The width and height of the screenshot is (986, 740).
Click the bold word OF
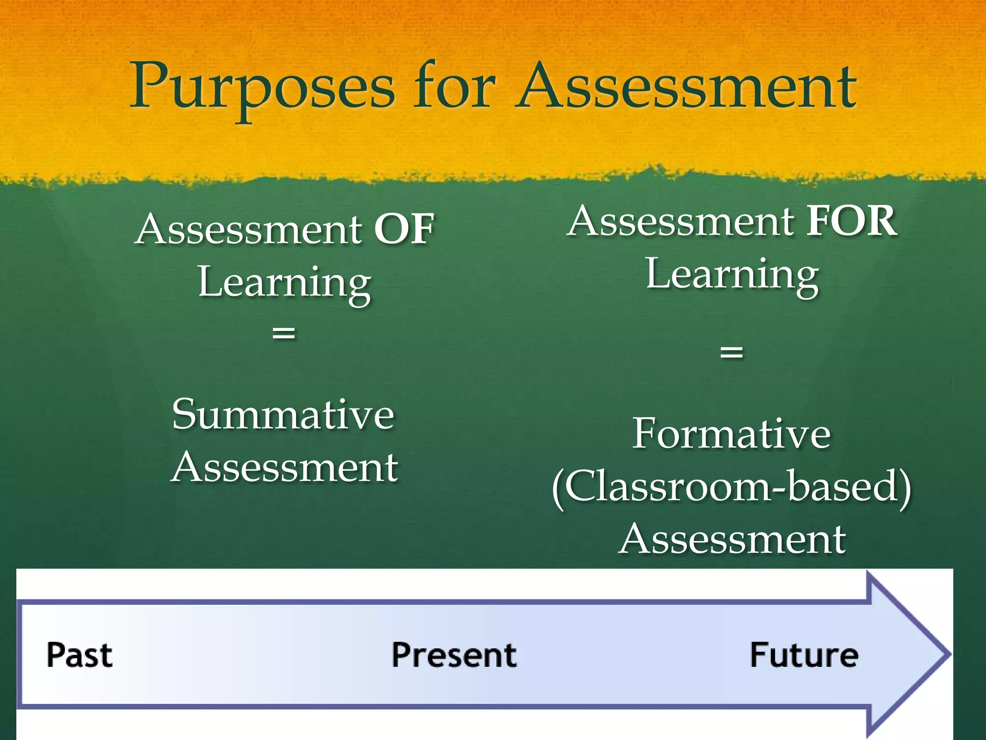(x=404, y=229)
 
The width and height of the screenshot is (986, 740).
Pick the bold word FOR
(x=851, y=221)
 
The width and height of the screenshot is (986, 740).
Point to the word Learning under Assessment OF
(x=285, y=284)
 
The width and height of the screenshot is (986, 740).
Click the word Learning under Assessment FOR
(x=732, y=276)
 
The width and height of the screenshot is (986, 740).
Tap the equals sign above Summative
(x=284, y=332)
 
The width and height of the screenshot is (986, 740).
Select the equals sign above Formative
(x=731, y=352)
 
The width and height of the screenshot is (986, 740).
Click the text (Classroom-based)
(x=731, y=488)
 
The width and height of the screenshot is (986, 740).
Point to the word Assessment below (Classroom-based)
(x=732, y=540)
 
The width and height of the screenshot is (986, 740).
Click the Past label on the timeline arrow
(x=79, y=655)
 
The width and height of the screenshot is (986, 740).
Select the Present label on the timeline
(x=454, y=655)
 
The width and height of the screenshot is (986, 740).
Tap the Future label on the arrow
(x=804, y=655)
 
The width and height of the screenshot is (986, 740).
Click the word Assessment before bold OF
(x=249, y=229)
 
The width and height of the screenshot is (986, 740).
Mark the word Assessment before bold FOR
(x=681, y=221)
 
